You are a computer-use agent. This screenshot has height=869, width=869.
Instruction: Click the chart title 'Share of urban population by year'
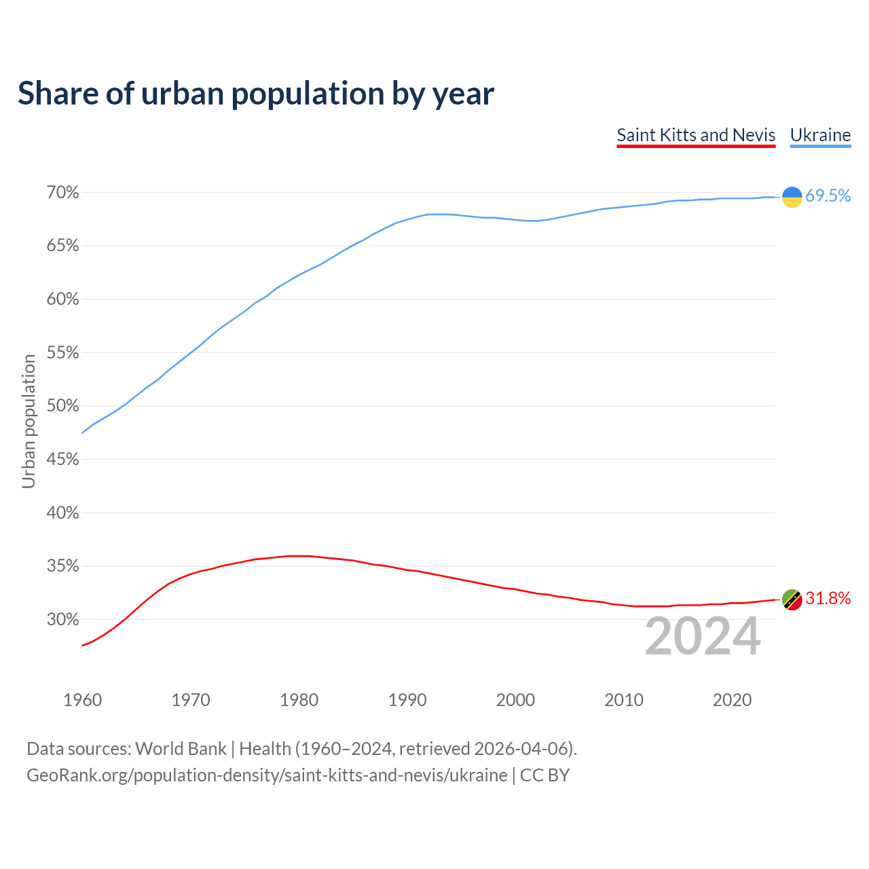(256, 94)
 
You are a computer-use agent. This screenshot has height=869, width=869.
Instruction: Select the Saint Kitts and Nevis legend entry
(696, 135)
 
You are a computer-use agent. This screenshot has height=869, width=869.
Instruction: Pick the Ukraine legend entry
(820, 135)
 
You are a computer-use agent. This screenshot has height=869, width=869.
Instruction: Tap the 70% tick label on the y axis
(62, 193)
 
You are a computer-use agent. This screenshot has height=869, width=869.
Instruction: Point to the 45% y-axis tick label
(62, 460)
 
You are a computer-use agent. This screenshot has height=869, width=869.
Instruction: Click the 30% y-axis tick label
(62, 620)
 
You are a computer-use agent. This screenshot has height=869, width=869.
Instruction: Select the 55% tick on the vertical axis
(62, 353)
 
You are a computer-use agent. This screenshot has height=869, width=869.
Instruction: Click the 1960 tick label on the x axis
(82, 700)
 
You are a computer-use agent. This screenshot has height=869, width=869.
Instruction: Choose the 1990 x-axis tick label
(407, 700)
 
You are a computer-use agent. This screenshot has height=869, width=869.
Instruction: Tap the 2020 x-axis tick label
(732, 700)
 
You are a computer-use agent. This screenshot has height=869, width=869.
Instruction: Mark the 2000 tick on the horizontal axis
(515, 700)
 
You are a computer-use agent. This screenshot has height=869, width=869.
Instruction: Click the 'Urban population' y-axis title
(29, 421)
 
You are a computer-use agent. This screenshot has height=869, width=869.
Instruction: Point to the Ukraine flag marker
(792, 197)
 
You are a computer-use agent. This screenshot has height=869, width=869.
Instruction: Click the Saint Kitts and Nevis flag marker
(792, 599)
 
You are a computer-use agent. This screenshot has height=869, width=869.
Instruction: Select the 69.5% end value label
(828, 196)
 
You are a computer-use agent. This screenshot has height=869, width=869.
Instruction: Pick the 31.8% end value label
(828, 599)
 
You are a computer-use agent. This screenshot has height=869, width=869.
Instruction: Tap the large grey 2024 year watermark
(703, 637)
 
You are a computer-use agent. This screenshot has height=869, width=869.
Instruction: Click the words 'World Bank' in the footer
(181, 749)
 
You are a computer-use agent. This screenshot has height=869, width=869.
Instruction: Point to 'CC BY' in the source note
(544, 775)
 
